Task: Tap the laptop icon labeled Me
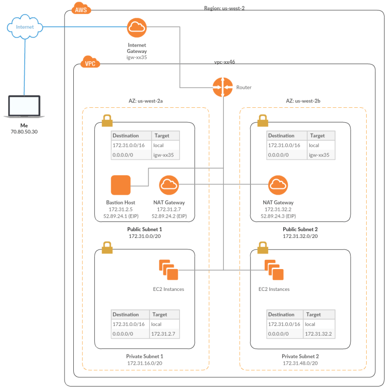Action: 24,107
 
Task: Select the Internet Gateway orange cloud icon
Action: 137,28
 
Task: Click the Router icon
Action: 222,87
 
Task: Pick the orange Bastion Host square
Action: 121,185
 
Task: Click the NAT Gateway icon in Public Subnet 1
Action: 169,185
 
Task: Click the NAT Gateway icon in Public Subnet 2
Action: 278,185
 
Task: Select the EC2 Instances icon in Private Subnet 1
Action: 169,270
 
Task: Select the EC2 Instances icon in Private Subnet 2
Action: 274,270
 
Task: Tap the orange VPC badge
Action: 90,63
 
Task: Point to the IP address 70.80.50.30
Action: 24,132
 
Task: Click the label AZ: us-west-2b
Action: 303,102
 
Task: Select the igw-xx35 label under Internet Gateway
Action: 137,57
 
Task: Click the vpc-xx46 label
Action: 225,63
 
